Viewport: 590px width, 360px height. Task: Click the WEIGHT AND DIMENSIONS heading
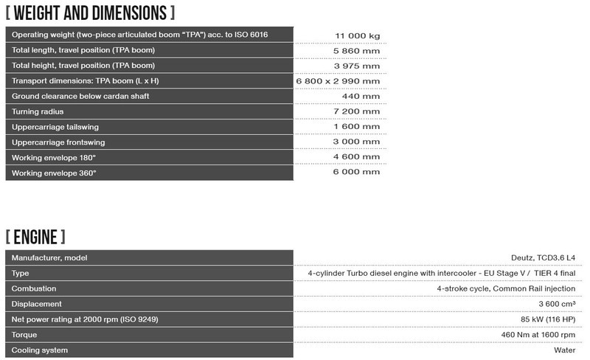coord(90,13)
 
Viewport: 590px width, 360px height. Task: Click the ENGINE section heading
coord(35,237)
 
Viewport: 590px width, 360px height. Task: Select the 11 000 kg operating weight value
coord(357,35)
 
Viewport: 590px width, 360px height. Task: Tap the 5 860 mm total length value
coord(357,50)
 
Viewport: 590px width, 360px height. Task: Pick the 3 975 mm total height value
coord(357,66)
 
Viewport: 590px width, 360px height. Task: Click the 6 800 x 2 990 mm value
coord(338,81)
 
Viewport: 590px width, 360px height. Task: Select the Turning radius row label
coord(38,111)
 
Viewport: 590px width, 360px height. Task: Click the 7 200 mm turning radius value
coord(357,111)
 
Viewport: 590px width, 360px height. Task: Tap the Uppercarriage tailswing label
coord(55,127)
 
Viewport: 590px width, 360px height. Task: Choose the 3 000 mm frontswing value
coord(357,142)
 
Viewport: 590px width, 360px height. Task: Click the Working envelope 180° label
coord(54,158)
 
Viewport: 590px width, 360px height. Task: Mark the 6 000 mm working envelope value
coord(357,172)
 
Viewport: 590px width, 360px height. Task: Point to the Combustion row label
coord(34,288)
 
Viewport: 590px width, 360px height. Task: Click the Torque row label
coord(25,335)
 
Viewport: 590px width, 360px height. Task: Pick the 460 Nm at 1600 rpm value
coord(529,335)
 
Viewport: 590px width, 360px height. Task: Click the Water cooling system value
coord(564,350)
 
